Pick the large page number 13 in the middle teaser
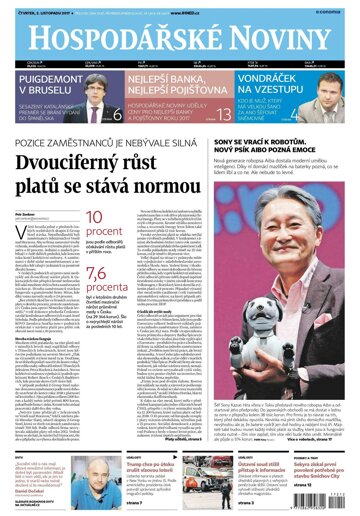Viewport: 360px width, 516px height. tap(223, 114)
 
